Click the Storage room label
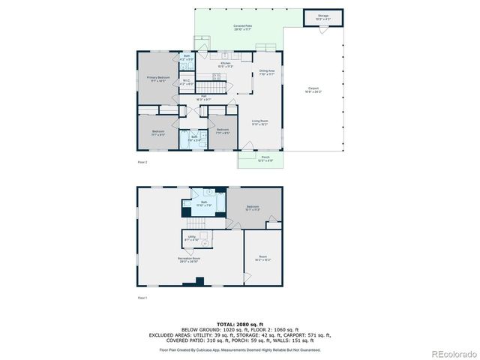point(323,16)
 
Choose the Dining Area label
point(267,72)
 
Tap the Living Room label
point(259,122)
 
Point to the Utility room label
point(192,238)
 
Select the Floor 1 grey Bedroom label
point(253,208)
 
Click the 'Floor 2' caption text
point(142,162)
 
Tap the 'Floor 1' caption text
point(142,298)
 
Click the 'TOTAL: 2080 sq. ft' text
point(239,324)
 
